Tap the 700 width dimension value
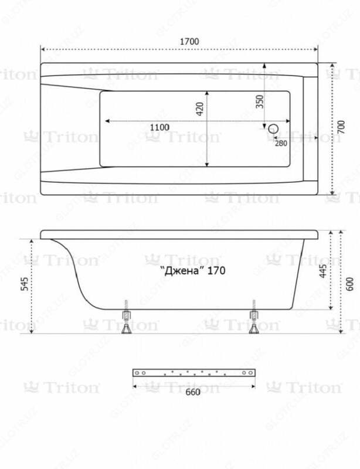click(342, 127)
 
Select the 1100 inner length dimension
click(159, 127)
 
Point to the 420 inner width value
click(199, 109)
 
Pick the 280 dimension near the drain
click(280, 144)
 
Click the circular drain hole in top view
click(273, 128)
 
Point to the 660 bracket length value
click(193, 392)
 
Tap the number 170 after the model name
click(215, 271)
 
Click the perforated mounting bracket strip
click(193, 373)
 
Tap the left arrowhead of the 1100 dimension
click(106, 121)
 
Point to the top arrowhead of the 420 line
click(208, 92)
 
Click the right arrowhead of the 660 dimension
click(253, 385)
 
